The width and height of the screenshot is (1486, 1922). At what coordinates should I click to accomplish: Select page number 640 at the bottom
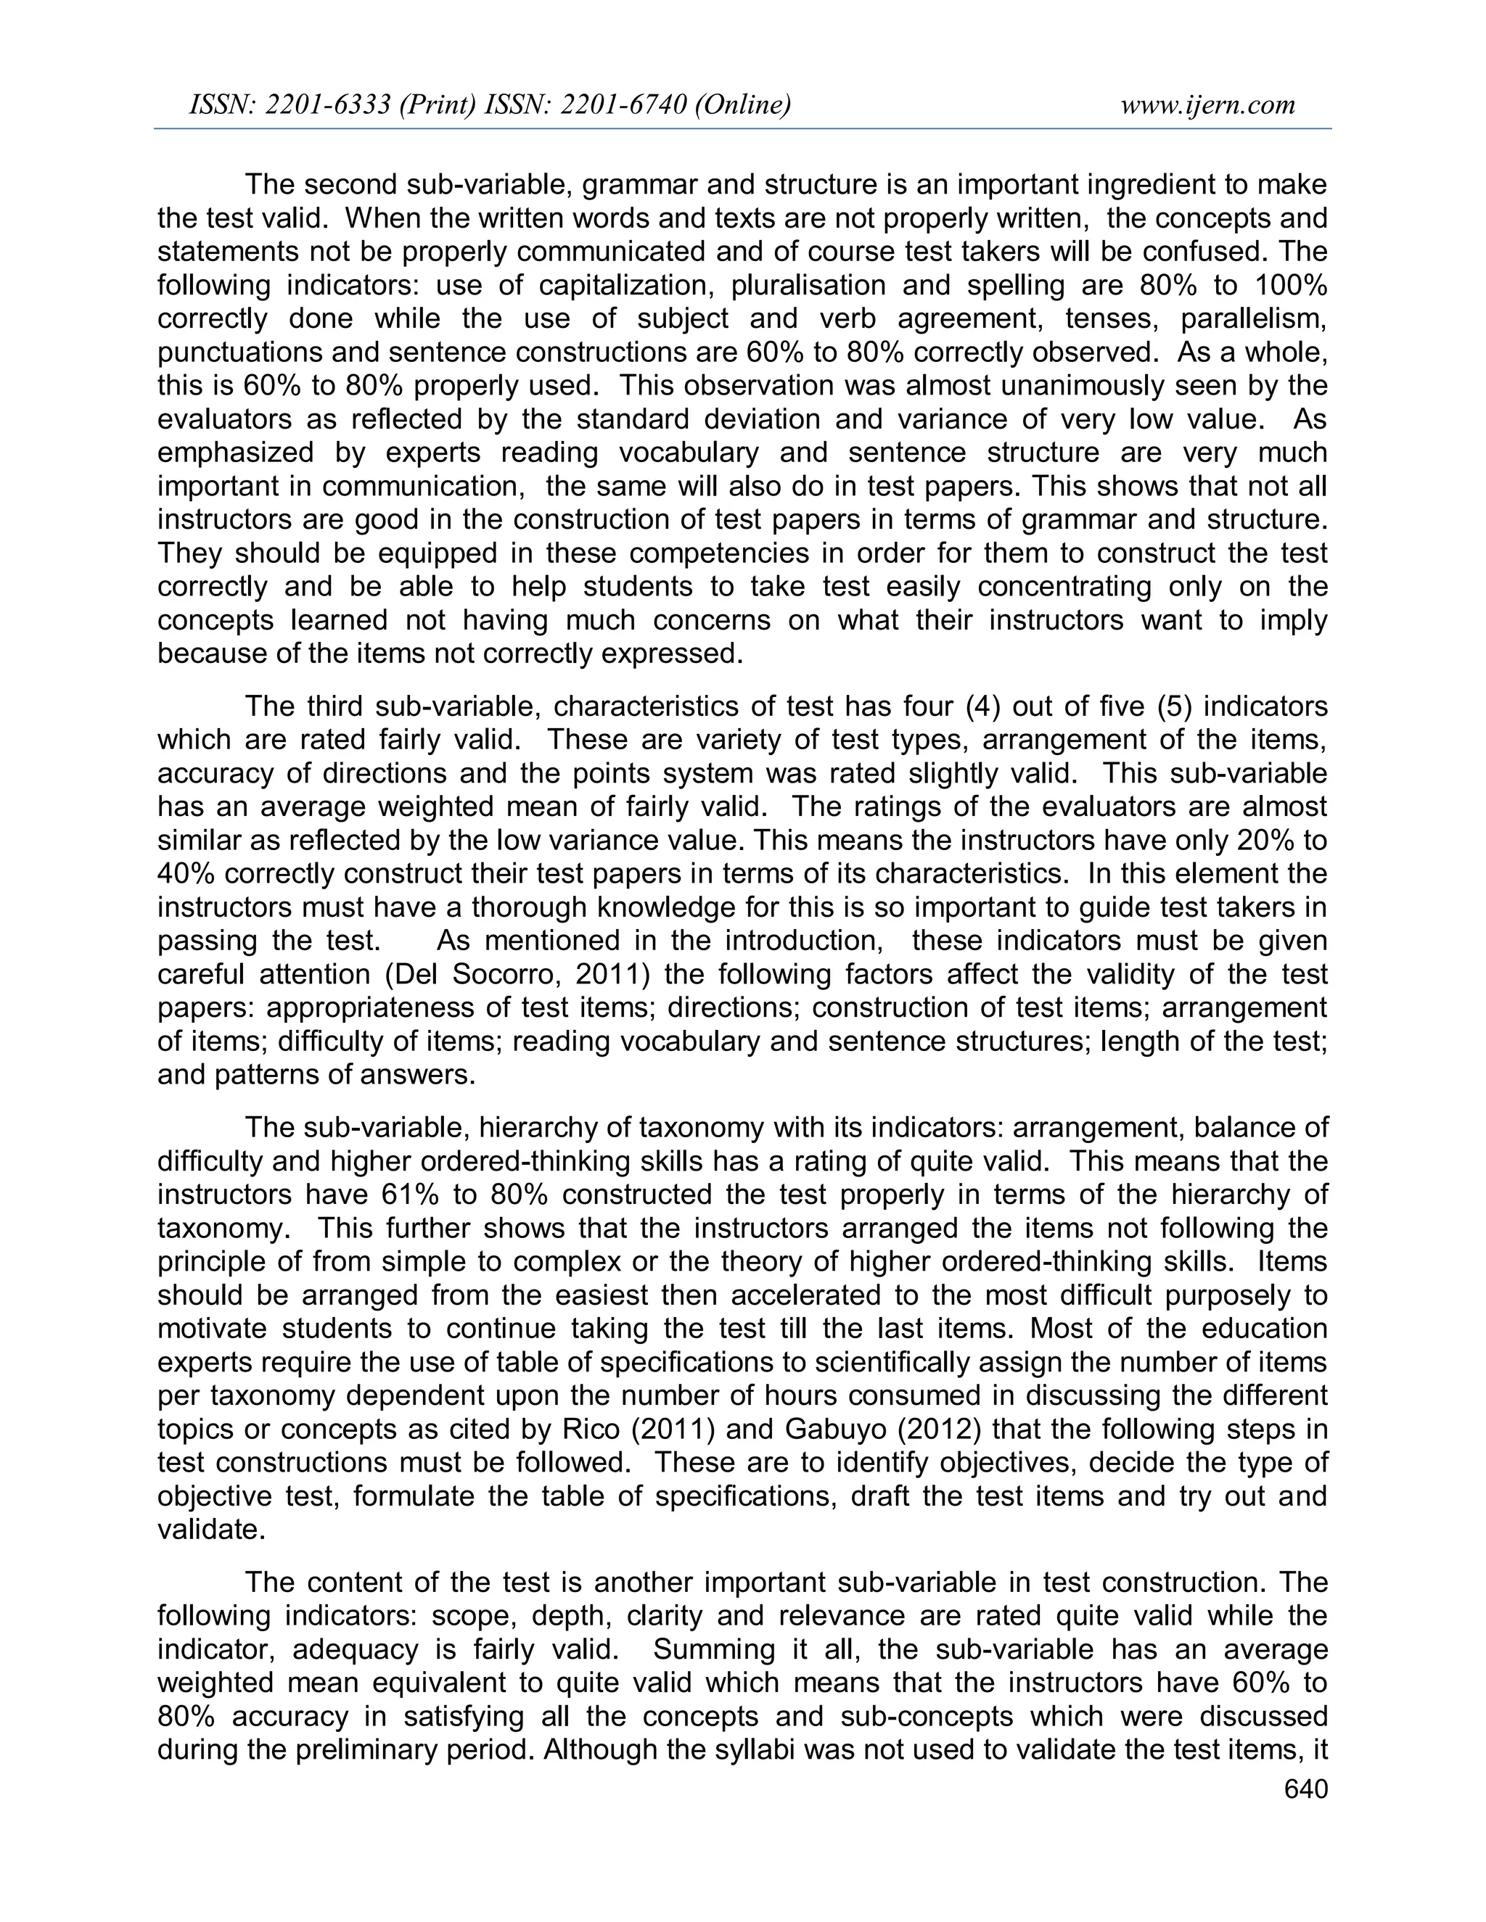1305,1789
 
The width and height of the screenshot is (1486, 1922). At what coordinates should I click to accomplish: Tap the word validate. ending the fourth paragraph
211,1529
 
